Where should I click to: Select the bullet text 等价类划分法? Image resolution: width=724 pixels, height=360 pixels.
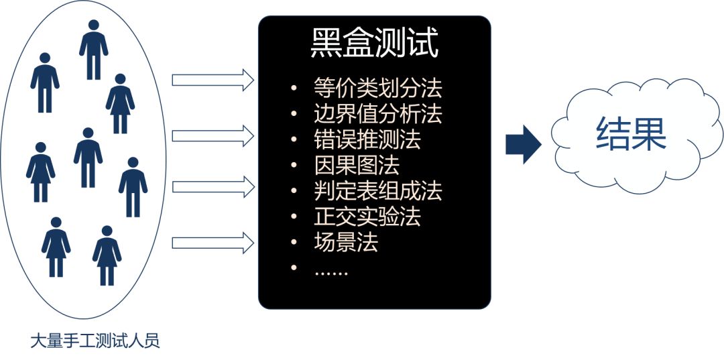tap(377, 88)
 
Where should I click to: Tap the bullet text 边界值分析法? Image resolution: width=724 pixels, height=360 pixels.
tap(377, 114)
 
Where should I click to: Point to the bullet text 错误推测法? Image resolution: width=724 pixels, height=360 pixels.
tap(367, 139)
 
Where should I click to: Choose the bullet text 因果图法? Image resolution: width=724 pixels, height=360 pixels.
tap(356, 165)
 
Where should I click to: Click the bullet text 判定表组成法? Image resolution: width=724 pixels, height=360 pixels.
tap(377, 191)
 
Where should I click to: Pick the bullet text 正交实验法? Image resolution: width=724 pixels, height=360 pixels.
tap(367, 217)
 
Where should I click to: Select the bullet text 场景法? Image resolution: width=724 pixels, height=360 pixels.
tap(345, 242)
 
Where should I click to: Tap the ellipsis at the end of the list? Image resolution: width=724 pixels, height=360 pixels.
tap(331, 269)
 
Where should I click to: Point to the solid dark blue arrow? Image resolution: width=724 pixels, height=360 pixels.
tap(523, 143)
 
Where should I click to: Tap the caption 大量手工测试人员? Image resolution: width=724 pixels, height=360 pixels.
tap(95, 341)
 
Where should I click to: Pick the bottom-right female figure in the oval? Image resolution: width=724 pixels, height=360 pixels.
tap(107, 256)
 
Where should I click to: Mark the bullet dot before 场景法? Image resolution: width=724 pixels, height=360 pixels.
tap(294, 243)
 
